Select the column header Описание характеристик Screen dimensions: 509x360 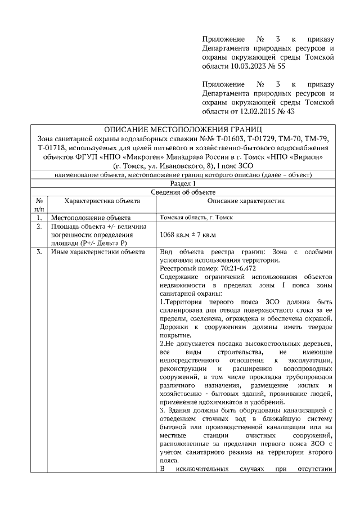[246, 201]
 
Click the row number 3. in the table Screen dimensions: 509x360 [39, 252]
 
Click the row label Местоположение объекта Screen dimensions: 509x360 [91, 218]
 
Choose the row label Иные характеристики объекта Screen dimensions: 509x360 [98, 252]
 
